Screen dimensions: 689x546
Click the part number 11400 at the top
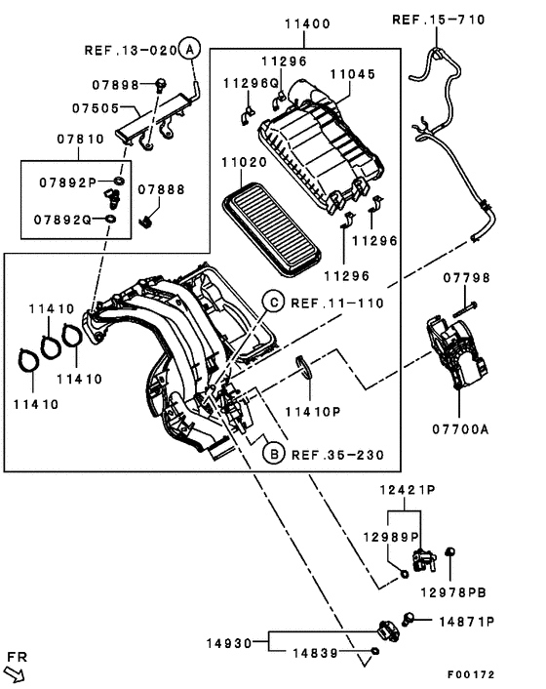click(x=306, y=22)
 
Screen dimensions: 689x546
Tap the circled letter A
click(x=190, y=48)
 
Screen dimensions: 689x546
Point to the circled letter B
click(x=274, y=454)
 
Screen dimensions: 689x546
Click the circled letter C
click(x=276, y=304)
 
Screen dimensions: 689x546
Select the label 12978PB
click(x=453, y=591)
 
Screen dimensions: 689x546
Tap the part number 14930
click(x=229, y=643)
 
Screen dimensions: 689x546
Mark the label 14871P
click(x=466, y=621)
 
